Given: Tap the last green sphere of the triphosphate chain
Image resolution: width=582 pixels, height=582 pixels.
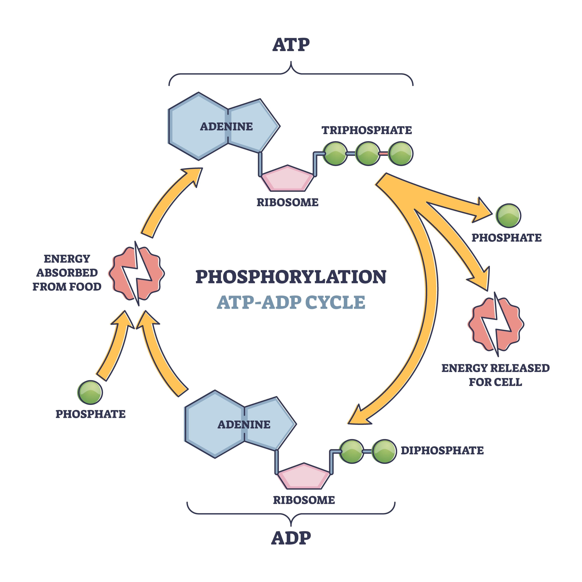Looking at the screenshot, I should [x=400, y=154].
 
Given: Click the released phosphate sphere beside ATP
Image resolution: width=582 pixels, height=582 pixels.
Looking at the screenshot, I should [x=508, y=216].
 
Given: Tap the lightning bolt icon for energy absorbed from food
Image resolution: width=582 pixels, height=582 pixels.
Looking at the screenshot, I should [x=137, y=273].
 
